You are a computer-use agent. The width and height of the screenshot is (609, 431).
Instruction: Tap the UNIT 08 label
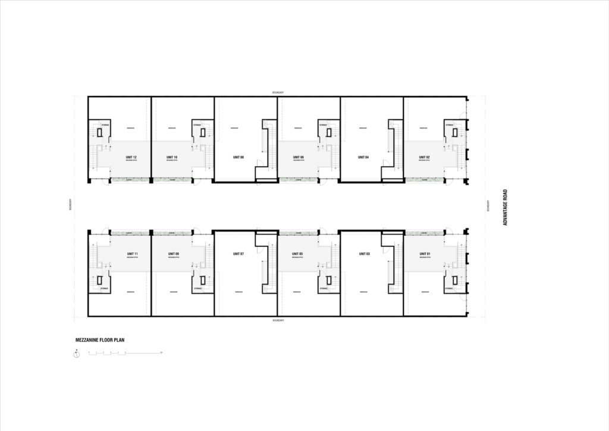coord(238,158)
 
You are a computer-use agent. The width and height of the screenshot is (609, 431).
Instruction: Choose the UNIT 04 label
coord(363,158)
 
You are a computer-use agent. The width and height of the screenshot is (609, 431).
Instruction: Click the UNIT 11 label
coord(132,254)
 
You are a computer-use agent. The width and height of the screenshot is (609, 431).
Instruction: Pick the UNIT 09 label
coord(173,254)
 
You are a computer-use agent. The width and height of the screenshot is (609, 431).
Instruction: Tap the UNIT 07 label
coord(238,254)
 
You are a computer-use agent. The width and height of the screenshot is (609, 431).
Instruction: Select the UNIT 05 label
coord(297,254)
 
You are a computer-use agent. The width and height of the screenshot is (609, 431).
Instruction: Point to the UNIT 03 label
coord(365,254)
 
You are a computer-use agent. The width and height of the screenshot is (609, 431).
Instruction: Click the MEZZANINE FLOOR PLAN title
coord(99,341)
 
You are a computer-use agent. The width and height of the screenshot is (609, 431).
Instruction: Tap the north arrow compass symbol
coord(77,355)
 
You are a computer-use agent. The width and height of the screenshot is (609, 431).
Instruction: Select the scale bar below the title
coord(125,354)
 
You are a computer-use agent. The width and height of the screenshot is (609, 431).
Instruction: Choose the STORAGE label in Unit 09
coord(197,288)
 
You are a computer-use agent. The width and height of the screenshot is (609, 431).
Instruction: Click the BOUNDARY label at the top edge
coord(278,93)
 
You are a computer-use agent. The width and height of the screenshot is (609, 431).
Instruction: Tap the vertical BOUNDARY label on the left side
coord(71,205)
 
